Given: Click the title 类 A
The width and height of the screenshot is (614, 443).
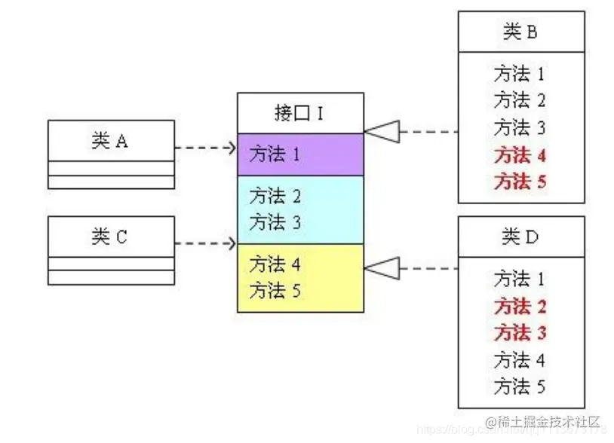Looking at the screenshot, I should tap(110, 141).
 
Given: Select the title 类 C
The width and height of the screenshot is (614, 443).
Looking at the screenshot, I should tap(110, 237).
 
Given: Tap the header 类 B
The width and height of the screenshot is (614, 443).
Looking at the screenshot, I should tap(520, 32).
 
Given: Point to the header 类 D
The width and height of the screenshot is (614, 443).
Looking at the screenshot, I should tap(520, 237).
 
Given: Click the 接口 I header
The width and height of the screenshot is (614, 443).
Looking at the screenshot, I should tap(300, 113).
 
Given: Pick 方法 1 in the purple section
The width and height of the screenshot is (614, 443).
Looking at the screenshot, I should tap(275, 155).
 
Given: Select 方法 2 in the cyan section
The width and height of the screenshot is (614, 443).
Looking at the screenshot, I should tap(275, 197).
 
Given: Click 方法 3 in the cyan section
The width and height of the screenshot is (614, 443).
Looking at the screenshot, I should tap(275, 222).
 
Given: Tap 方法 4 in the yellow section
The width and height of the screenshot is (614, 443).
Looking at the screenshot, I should tap(275, 264).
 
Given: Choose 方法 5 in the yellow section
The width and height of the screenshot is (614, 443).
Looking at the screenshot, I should tap(275, 290).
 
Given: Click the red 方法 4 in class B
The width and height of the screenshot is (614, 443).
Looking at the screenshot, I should tap(520, 156).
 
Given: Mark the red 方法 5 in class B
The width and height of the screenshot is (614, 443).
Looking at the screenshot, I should tap(520, 182).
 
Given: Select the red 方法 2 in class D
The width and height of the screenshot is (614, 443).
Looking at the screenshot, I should tap(520, 307).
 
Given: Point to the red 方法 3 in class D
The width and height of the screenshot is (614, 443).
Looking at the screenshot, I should tap(520, 332).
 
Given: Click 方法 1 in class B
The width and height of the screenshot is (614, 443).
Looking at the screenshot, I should tap(520, 74).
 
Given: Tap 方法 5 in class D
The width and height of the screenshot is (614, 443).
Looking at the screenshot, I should tap(520, 387).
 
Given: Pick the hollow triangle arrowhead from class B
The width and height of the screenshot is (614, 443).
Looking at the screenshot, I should tap(382, 132).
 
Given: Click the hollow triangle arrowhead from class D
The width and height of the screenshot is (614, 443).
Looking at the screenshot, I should tap(382, 267).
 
